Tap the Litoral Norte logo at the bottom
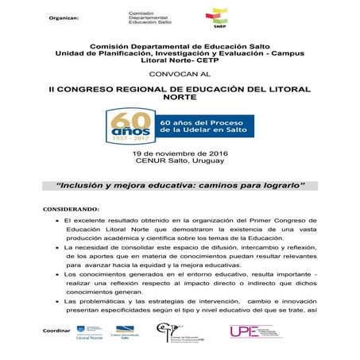click(x=87, y=333)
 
